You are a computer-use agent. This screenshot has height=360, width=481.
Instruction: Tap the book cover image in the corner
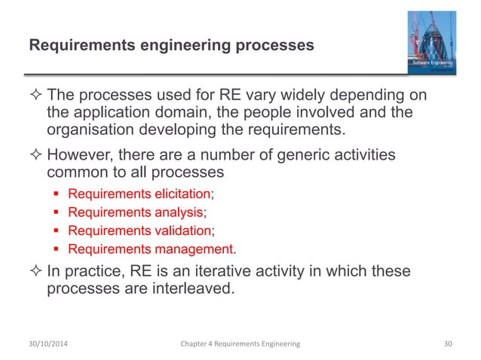[x=427, y=43]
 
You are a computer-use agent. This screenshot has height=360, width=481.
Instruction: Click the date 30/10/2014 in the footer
[x=51, y=343]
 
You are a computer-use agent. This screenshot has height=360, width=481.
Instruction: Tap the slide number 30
[x=450, y=343]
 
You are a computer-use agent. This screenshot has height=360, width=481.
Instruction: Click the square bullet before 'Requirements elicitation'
[x=59, y=194]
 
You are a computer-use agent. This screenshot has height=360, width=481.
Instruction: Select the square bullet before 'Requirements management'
[x=59, y=249]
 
